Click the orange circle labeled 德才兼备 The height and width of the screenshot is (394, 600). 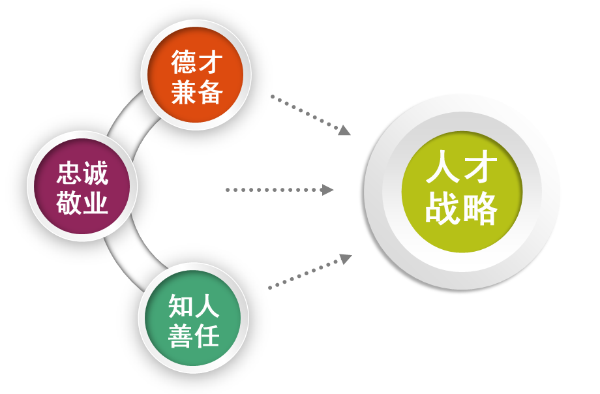[195, 74]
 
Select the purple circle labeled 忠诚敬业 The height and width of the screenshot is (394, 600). [82, 186]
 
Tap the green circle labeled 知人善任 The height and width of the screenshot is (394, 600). [193, 318]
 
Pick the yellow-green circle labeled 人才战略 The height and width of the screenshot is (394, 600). [462, 191]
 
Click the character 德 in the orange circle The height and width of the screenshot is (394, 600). [183, 62]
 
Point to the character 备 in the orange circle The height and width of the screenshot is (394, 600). [210, 92]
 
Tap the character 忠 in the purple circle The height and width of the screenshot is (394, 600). [69, 173]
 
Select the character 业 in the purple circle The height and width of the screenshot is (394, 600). [96, 202]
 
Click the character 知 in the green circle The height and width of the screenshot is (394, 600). [180, 305]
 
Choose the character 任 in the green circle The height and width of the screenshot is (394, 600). [207, 335]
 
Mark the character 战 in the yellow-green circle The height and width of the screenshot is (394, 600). [442, 208]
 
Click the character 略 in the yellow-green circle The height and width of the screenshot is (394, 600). [480, 208]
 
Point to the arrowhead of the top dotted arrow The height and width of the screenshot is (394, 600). [344, 130]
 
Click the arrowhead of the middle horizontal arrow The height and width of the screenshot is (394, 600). [327, 190]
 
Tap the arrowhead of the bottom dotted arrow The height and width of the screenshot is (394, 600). [346, 258]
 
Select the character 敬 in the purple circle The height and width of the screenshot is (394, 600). [69, 202]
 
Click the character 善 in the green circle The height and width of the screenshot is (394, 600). [180, 335]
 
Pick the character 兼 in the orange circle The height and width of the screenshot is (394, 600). [183, 92]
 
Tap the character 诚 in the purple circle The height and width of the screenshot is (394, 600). [96, 173]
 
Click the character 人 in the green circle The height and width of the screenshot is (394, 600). [207, 305]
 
